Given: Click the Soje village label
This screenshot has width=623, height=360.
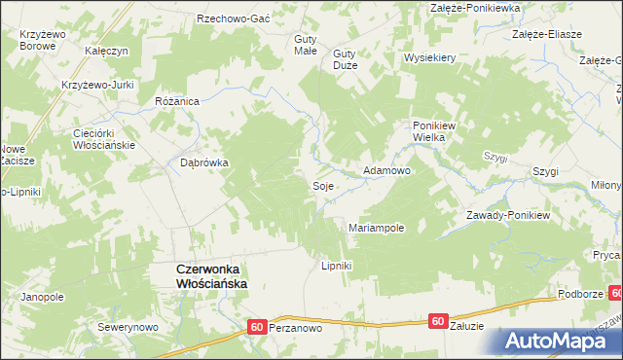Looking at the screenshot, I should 323,185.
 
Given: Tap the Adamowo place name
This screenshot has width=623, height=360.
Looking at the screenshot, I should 386,170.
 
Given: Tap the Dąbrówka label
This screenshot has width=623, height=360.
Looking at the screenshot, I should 203,163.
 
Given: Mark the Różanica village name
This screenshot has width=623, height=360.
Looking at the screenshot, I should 177,100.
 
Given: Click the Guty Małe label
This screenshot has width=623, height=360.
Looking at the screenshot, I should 306,45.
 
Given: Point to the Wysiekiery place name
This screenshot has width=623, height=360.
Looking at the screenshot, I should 430,57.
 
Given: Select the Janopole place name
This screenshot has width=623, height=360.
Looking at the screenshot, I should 42,297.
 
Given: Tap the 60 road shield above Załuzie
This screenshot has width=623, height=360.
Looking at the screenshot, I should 439,320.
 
